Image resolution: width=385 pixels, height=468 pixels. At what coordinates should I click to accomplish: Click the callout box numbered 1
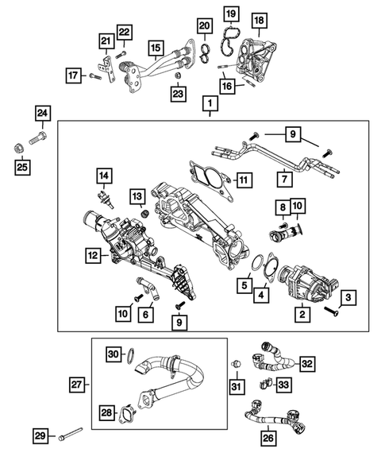pyautogui.click(x=210, y=104)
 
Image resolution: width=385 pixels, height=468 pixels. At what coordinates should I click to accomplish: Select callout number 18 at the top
pyautogui.click(x=259, y=19)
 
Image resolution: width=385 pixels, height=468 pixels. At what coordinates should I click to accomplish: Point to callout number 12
pyautogui.click(x=94, y=255)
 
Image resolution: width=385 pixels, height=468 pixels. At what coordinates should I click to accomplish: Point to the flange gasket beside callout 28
pyautogui.click(x=129, y=416)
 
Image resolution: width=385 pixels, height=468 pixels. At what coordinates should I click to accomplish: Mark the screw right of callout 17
pyautogui.click(x=95, y=76)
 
